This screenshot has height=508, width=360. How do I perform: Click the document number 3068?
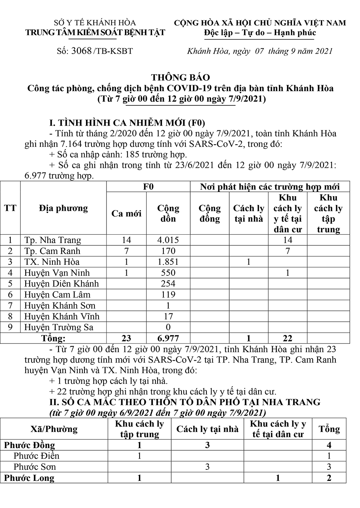click(82, 51)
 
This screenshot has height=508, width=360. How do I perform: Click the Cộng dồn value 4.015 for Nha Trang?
click(168, 240)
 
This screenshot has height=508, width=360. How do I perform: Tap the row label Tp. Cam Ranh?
click(52, 251)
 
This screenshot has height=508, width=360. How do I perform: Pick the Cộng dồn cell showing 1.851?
click(168, 262)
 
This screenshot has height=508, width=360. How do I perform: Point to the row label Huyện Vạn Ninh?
click(57, 273)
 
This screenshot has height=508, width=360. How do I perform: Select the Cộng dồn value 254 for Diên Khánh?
click(168, 284)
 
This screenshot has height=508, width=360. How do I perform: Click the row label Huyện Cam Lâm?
click(57, 295)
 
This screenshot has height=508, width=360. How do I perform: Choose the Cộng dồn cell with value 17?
click(168, 316)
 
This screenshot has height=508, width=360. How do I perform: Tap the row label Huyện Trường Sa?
click(59, 327)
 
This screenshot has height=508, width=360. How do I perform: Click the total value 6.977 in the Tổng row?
click(168, 338)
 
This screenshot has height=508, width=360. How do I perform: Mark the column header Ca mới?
click(126, 214)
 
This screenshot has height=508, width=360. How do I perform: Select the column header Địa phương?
click(63, 208)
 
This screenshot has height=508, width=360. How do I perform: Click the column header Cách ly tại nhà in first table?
click(249, 213)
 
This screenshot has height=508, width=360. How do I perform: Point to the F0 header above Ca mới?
click(148, 187)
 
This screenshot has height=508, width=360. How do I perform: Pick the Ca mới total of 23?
click(126, 338)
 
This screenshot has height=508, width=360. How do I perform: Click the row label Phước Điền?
click(36, 456)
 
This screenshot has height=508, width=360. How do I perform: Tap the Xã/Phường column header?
click(54, 429)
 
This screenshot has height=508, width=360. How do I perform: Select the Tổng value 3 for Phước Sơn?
click(329, 467)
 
